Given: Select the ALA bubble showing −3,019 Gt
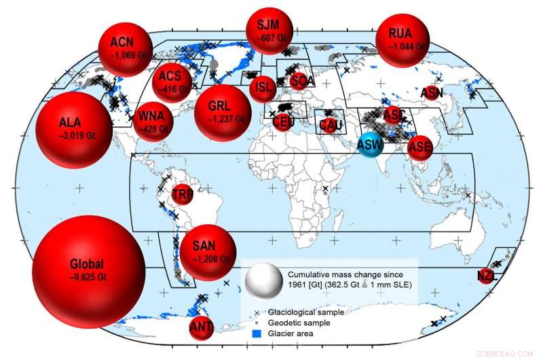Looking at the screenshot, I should (71, 127).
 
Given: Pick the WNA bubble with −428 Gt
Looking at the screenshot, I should (155, 122).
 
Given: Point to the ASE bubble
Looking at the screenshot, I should (420, 146).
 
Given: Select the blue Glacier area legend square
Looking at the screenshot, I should (256, 334).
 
